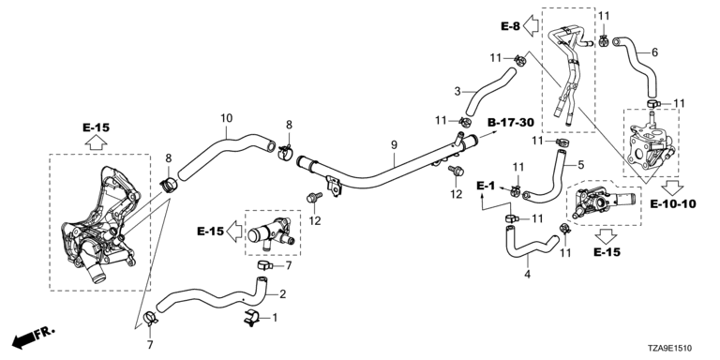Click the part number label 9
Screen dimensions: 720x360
pyautogui.click(x=394, y=145)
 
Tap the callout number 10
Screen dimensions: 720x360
pyautogui.click(x=226, y=118)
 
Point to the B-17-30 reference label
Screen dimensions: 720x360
pyautogui.click(x=511, y=122)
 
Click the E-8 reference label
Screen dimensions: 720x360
pyautogui.click(x=510, y=26)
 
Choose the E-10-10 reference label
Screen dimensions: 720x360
pyautogui.click(x=673, y=203)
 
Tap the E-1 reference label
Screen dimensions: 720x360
pyautogui.click(x=486, y=186)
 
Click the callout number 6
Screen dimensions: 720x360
pyautogui.click(x=654, y=52)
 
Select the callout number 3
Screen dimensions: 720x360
pyautogui.click(x=457, y=91)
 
